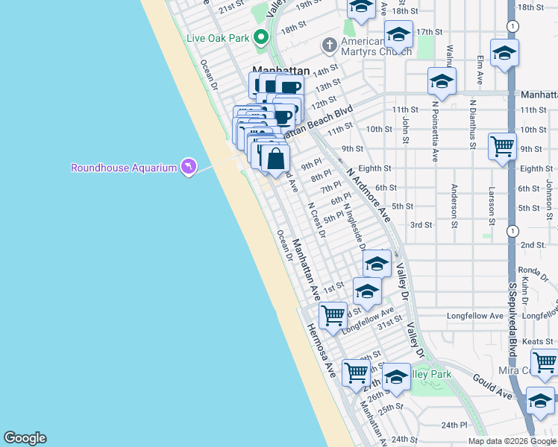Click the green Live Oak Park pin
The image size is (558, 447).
coord(260,37)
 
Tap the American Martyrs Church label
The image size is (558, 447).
coord(376,46)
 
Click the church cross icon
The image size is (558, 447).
coord(329,46)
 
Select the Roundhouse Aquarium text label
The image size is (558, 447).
coord(124,168)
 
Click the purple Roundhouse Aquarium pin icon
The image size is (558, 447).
coord(188,167)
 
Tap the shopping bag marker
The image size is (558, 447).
coord(275,159)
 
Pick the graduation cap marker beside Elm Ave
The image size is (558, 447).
coord(504,53)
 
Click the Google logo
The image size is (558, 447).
coord(25,438)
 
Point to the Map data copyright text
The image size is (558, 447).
coord(512,441)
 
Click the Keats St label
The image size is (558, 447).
coord(538,341)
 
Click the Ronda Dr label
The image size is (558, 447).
coord(534,270)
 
